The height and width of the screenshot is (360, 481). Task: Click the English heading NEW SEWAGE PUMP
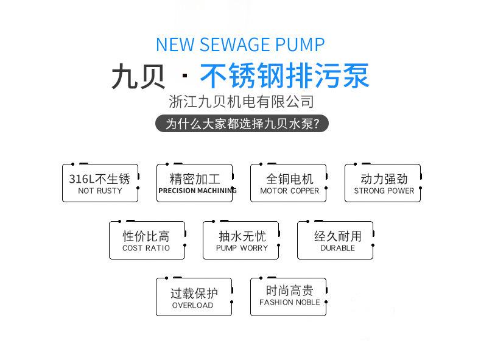coord(240,44)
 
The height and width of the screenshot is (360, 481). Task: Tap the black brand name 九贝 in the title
coord(138,77)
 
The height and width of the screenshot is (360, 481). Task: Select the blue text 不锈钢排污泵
coord(284,77)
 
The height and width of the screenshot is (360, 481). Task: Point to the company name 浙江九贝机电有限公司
coord(241,102)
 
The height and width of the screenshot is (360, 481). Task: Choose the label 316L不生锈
coord(100,178)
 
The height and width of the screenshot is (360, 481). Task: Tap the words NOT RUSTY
coord(100,191)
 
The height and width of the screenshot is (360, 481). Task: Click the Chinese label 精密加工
coord(195,178)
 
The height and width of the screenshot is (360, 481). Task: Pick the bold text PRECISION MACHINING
coord(197,191)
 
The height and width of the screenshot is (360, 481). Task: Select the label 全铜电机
coord(289,178)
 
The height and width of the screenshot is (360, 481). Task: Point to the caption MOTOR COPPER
coord(289,191)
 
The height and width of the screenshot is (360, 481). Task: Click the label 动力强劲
coord(384,178)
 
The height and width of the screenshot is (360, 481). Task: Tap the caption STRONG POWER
coord(384,191)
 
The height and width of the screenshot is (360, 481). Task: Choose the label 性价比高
coord(146,236)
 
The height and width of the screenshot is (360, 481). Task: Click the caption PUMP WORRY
coord(242,248)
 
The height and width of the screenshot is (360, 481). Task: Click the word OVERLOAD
coord(192,305)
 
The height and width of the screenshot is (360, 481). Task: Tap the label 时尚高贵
coord(289,291)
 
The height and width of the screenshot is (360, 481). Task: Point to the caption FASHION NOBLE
coord(289,302)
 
